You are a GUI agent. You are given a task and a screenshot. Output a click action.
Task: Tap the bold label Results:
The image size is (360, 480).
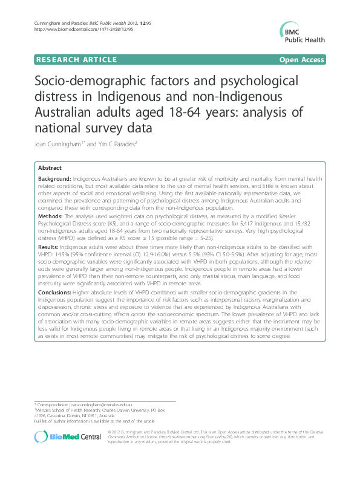pyautogui.click(x=48, y=246)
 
